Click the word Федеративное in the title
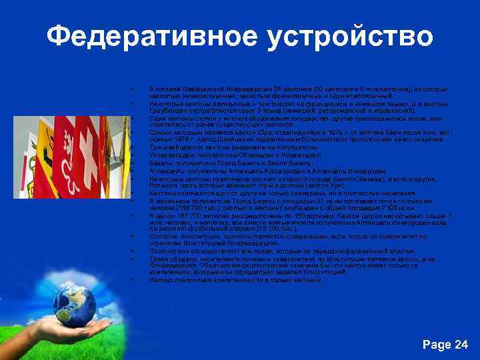pos(150,37)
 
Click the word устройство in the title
pos(349,37)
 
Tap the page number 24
pos(461,344)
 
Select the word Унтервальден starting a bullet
pos(169,155)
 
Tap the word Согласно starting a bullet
pos(162,236)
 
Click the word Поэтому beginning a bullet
pos(162,251)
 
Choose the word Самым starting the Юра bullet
pos(159,133)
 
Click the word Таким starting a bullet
pos(159,259)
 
